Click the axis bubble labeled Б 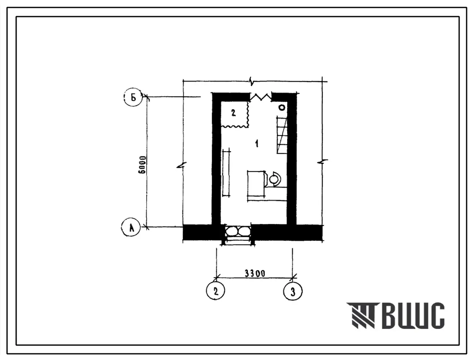133,97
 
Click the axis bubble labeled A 131,227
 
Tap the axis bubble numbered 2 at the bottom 215,291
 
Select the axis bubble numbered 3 293,291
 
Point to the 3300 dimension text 255,273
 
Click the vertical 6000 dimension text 142,164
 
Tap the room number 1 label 257,144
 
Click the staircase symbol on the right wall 282,135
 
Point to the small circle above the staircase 282,107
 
